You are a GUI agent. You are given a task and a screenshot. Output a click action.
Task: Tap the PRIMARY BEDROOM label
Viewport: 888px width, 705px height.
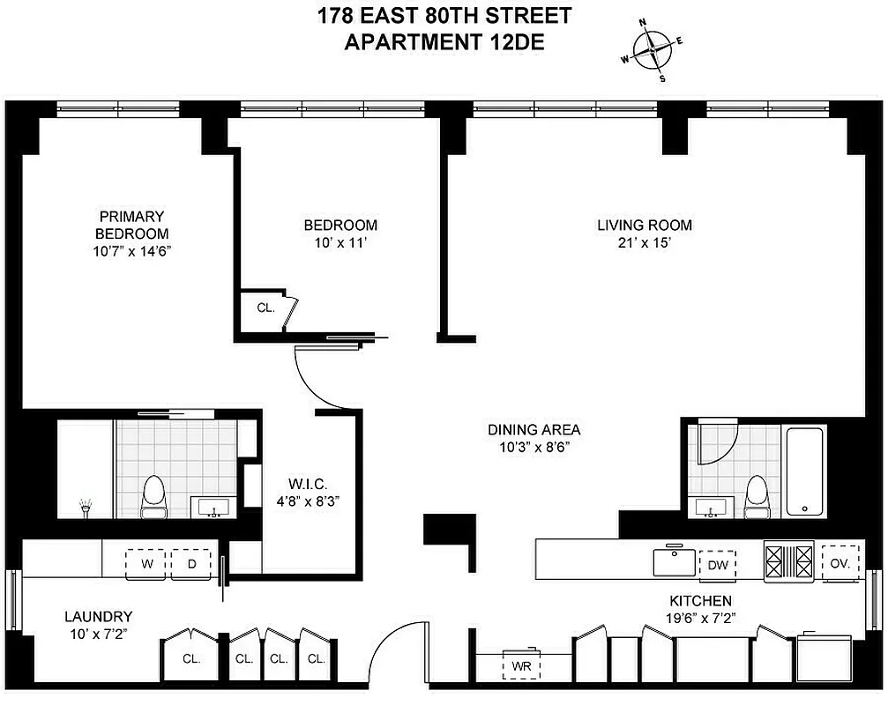(x=132, y=225)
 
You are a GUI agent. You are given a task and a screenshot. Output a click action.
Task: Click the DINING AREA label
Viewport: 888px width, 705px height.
(x=534, y=430)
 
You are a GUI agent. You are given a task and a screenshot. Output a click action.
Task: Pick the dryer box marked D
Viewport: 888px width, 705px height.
(x=190, y=564)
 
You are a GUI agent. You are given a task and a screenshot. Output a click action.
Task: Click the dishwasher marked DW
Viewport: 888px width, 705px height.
(x=718, y=565)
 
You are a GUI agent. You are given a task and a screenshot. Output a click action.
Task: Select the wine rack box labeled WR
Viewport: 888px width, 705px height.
(x=521, y=664)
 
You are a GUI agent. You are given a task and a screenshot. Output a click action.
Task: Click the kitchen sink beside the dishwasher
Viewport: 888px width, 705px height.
(x=675, y=561)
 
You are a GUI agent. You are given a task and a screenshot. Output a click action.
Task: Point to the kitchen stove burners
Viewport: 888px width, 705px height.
(x=789, y=561)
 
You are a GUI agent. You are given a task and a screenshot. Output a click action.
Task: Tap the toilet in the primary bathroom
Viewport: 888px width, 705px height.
(x=154, y=496)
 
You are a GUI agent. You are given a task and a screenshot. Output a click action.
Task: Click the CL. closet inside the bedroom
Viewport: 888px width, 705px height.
(x=265, y=308)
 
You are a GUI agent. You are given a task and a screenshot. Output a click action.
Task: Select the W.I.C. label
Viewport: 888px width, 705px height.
(x=308, y=484)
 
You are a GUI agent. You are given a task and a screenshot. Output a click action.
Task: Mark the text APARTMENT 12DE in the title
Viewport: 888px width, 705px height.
(x=444, y=41)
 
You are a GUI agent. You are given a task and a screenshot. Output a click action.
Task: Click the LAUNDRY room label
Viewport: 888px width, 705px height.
(x=97, y=616)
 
